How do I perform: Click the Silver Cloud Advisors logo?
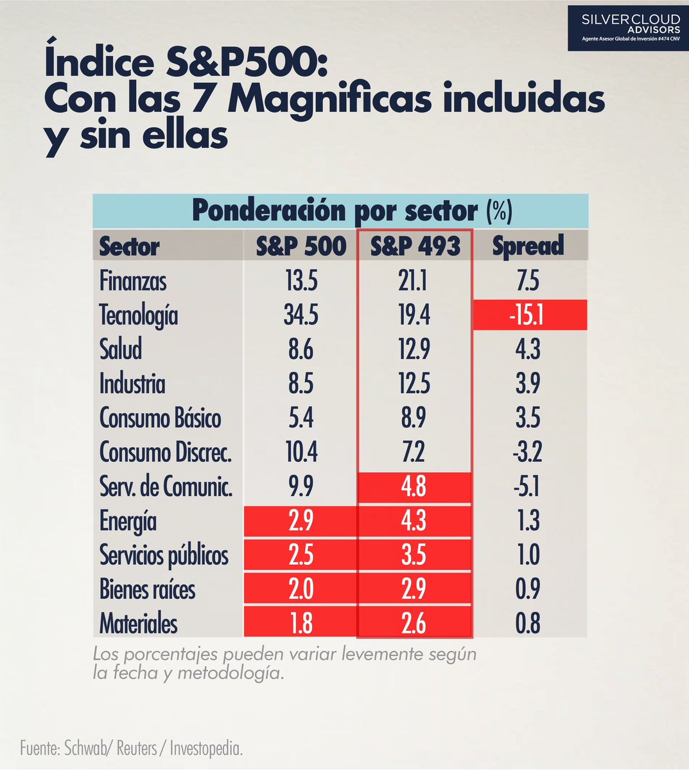[x=627, y=28]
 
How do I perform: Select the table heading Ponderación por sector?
[x=334, y=211]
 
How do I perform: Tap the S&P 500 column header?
[x=301, y=246]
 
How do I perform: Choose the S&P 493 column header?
[x=415, y=246]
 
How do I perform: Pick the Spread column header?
[x=528, y=246]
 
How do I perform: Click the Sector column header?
[x=129, y=247]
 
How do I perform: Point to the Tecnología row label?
[x=138, y=315]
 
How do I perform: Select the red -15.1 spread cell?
[x=529, y=315]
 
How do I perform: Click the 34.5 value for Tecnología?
[x=301, y=315]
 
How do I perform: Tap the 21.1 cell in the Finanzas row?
[x=414, y=281]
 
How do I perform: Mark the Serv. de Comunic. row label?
[x=166, y=487]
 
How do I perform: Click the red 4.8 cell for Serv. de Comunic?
[x=414, y=487]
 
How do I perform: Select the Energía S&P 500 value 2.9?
[x=301, y=521]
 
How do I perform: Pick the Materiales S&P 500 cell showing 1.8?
[x=301, y=623]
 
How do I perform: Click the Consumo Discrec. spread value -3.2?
[x=528, y=452]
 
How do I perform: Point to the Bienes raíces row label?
[x=147, y=589]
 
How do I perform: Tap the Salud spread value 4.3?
[x=528, y=350]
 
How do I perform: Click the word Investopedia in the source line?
[x=206, y=749]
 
